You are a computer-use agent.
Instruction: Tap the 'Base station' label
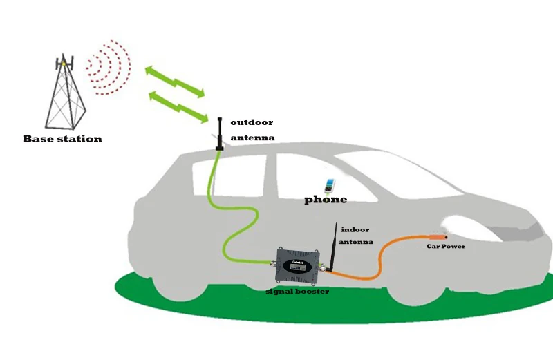[62, 139]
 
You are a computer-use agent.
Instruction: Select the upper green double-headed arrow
[174, 80]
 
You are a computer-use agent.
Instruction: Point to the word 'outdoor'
[251, 122]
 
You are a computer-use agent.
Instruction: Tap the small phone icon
[330, 187]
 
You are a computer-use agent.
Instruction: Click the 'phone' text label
[326, 200]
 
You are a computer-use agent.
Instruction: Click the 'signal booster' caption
[297, 292]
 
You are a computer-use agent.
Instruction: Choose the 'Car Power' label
[446, 247]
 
